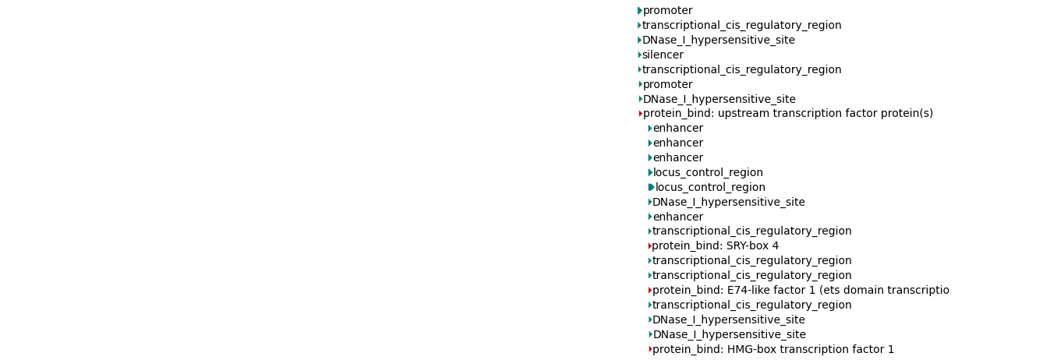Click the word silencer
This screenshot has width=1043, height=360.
pos(663,55)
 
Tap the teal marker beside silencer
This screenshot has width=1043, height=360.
pos(639,55)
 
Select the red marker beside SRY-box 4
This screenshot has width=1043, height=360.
pos(649,246)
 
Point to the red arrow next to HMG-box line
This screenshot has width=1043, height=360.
pos(650,350)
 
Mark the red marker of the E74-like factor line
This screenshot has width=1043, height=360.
pos(650,291)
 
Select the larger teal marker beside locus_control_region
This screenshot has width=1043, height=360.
pos(651,188)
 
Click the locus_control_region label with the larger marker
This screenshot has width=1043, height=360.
pos(710,188)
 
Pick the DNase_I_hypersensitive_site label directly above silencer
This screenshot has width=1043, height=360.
pos(719,41)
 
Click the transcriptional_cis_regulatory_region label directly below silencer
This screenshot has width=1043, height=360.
pos(741,70)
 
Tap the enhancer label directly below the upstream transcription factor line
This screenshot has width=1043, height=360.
pos(677,129)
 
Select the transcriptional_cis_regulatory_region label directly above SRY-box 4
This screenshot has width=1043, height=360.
pos(751,231)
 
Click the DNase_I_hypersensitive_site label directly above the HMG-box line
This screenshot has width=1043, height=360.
pos(729,335)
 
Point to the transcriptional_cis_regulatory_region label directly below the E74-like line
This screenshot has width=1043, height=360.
pos(751,305)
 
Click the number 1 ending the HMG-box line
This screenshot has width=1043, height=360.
pos(891,350)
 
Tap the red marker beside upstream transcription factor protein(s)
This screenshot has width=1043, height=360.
pos(640,114)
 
